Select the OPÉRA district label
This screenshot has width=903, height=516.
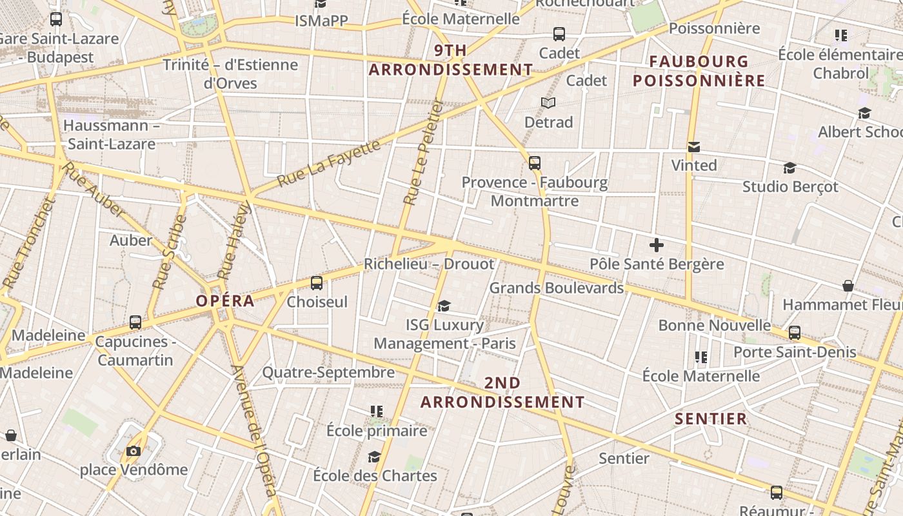pos(225,301)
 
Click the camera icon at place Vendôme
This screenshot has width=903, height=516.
pos(134,451)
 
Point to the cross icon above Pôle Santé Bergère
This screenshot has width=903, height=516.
pos(657,245)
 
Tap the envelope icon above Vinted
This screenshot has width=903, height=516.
pos(694,147)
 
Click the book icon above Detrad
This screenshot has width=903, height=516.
pos(548,103)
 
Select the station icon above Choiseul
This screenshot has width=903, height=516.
pos(317,283)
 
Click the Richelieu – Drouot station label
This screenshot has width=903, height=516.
pos(429,264)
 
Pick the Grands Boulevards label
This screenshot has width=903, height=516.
pos(557,288)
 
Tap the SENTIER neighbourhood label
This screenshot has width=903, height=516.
pos(711,419)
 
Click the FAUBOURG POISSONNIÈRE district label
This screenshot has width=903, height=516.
pos(699,71)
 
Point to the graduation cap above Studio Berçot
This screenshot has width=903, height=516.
pos(789,168)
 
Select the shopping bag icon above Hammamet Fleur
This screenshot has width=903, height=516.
pos(848,286)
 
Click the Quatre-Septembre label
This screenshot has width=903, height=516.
pos(328,372)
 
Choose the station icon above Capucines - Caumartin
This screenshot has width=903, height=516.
pos(135,322)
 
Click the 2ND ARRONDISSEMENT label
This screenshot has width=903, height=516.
pos(502,392)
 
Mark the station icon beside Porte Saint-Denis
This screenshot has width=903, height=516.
pos(795,333)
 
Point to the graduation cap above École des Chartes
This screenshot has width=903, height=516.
pos(374,457)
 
